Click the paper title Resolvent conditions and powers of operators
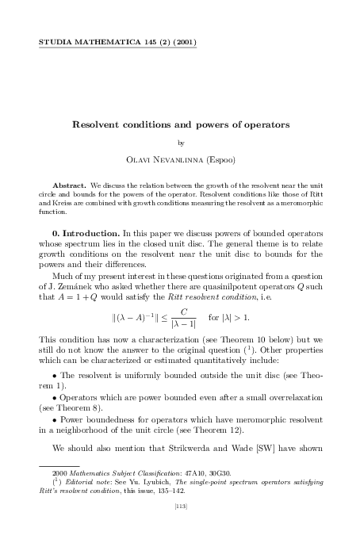point(180,125)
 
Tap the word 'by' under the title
point(181,143)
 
